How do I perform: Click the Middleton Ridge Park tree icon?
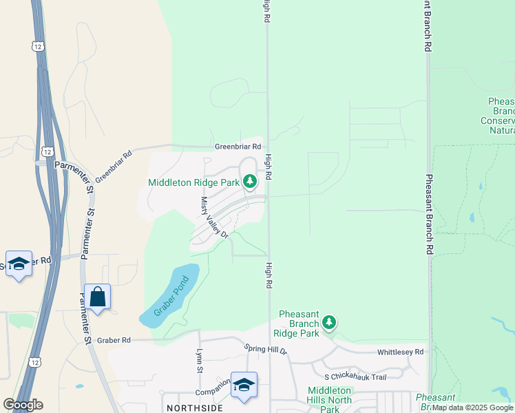[250, 182]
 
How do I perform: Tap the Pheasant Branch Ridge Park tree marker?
[329, 322]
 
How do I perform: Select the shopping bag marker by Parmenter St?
[97, 297]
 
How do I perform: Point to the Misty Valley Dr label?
[214, 217]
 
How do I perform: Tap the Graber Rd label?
[114, 340]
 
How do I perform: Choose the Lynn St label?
[200, 361]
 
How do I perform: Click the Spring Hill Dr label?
[265, 350]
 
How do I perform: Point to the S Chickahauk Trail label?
[355, 377]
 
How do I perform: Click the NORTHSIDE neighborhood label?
[193, 408]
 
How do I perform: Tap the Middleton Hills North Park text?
[330, 399]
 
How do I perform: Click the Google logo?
[23, 405]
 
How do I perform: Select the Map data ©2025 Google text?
[473, 407]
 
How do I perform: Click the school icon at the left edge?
[19, 264]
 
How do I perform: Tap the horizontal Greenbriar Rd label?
[238, 147]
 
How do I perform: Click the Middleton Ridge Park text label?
[193, 182]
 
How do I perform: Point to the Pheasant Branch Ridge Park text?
[300, 324]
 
